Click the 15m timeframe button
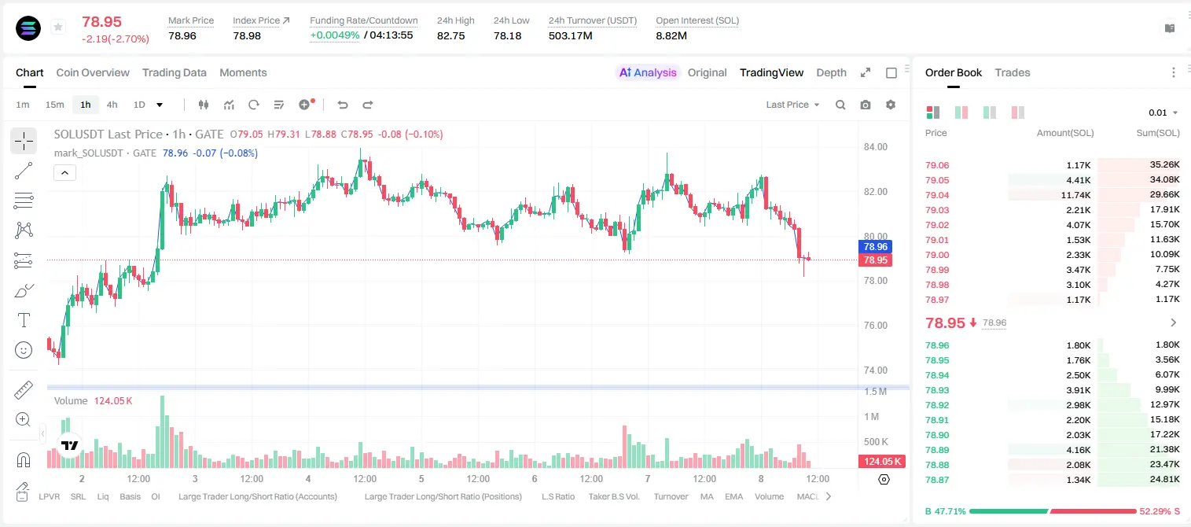55,105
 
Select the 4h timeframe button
112,105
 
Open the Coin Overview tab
93,72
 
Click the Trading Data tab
175,72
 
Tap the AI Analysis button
648,72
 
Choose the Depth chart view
831,72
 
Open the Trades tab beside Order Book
1013,72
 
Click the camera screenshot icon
866,105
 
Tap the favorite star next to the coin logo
58,27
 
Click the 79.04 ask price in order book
937,195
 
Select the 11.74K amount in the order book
1075,195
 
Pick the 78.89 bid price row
937,450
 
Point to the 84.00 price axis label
876,147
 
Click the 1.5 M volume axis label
875,392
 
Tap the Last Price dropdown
792,105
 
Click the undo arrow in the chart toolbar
343,105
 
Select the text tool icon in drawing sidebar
24,320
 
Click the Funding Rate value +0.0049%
334,35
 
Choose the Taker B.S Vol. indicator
613,496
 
